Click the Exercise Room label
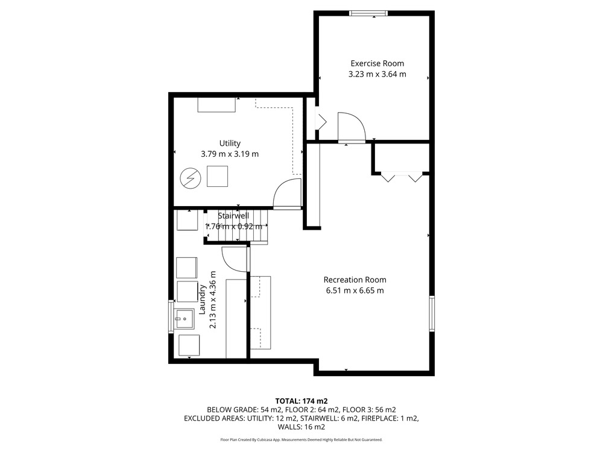tap(377, 63)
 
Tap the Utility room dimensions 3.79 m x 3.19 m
tap(230, 154)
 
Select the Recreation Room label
tap(355, 280)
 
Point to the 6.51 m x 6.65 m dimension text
tap(355, 290)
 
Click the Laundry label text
tap(202, 300)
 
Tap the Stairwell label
tap(233, 216)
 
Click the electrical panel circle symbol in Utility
tap(191, 178)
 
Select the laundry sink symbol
tap(185, 319)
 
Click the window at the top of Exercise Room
tap(368, 13)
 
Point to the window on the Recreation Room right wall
tap(432, 313)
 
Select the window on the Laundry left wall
tap(171, 317)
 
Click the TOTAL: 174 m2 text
tap(301, 401)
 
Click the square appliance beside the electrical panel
tap(217, 177)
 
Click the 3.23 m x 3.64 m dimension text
tap(377, 74)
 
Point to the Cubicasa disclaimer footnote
tap(301, 440)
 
